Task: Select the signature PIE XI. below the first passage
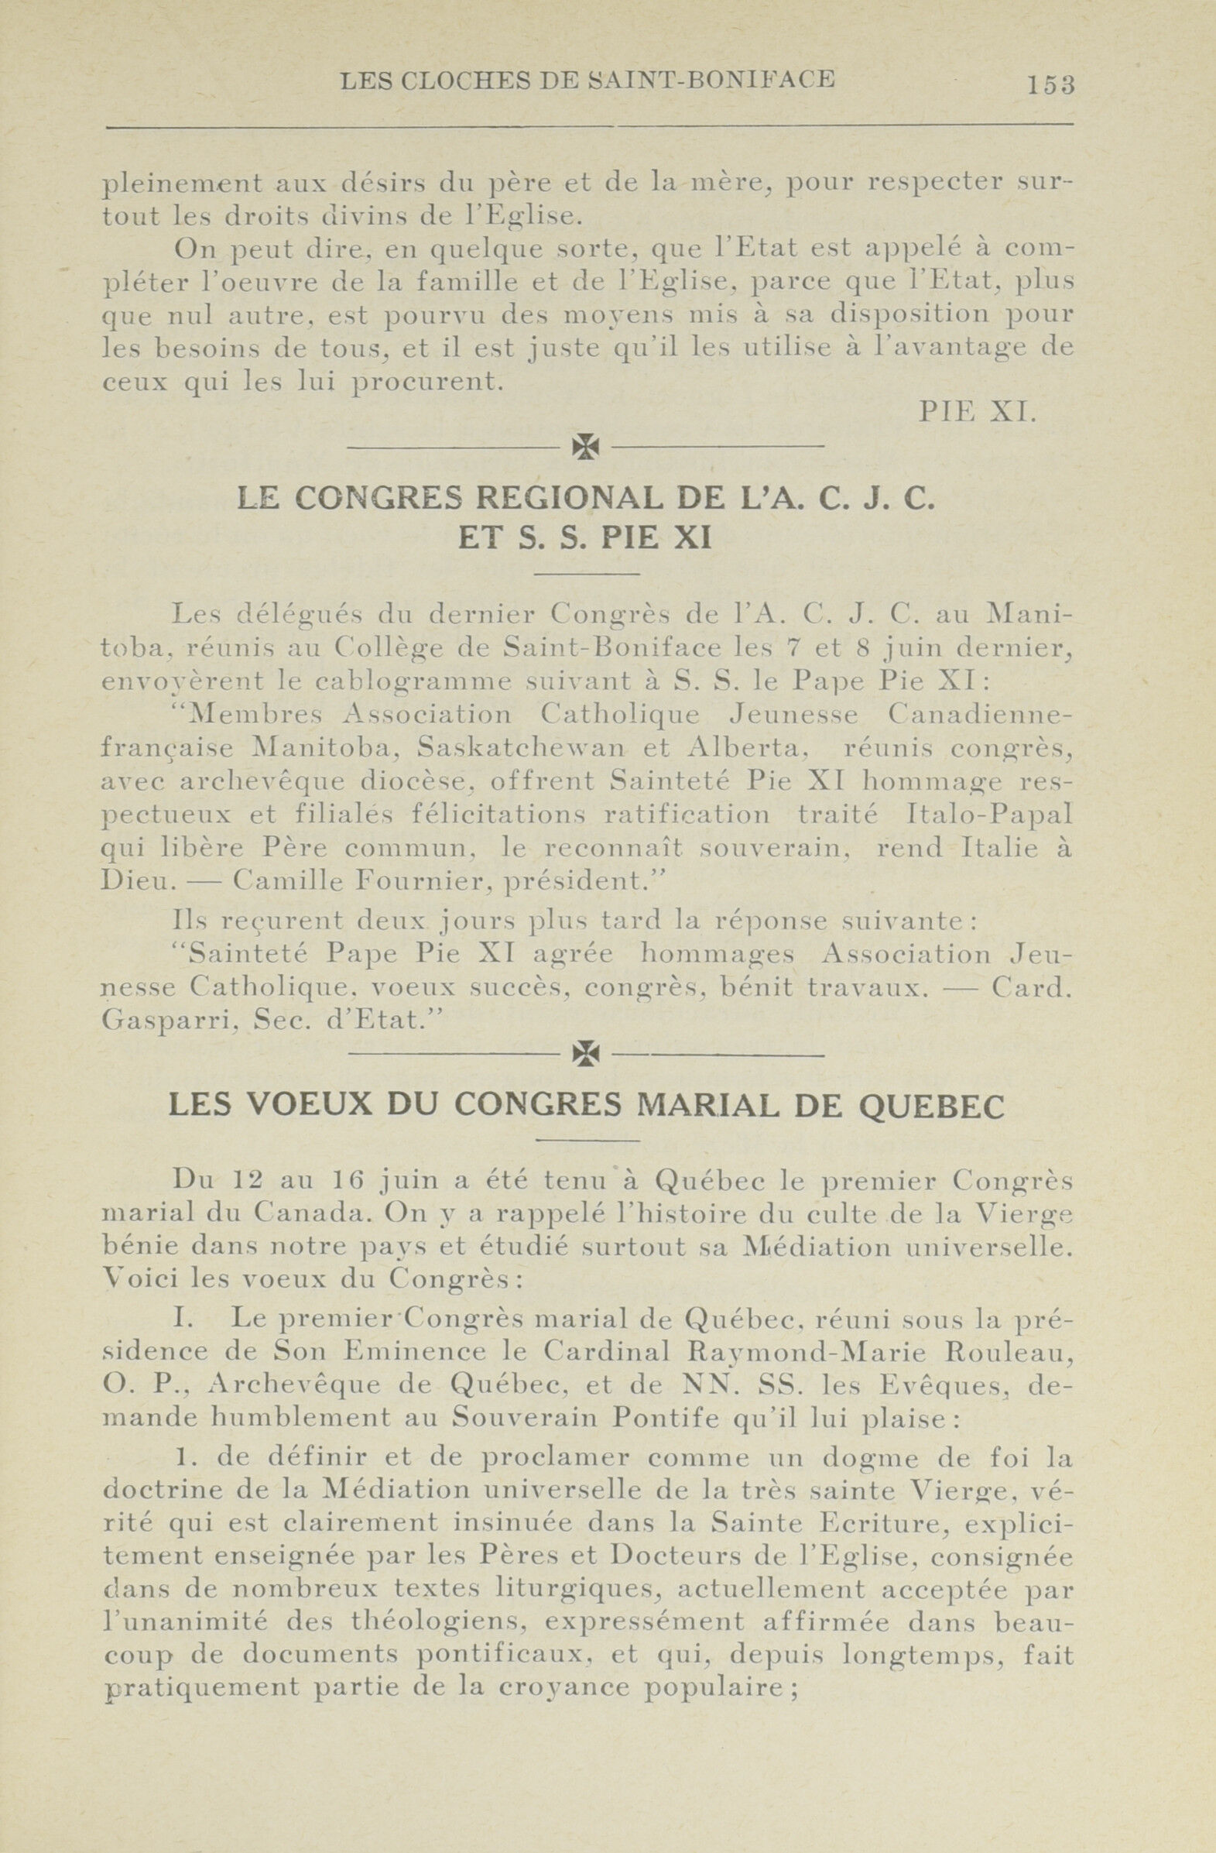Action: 978,411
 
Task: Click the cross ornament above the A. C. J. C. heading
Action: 585,445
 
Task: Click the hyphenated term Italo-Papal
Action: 989,815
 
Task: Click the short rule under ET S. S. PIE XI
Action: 587,575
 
